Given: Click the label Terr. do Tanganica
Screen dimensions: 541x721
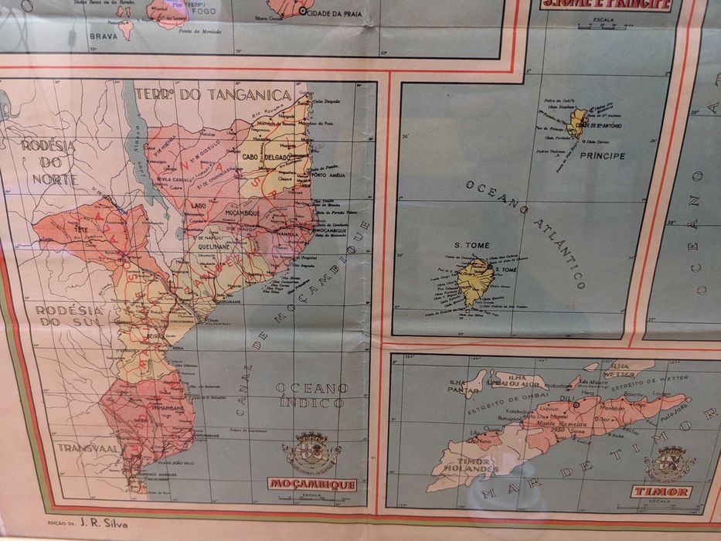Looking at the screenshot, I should (x=213, y=94).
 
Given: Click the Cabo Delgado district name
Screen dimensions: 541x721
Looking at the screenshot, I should (x=267, y=157).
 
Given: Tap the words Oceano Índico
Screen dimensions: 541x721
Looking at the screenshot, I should (x=312, y=395).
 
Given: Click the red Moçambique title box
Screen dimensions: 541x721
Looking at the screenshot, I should (x=313, y=485).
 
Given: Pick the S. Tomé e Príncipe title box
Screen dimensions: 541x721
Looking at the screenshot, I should (x=605, y=5).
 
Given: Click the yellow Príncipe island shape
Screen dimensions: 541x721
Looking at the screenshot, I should (x=577, y=122).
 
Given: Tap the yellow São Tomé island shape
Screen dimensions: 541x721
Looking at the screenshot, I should (x=473, y=281).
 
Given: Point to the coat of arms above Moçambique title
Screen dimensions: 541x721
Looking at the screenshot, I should (x=311, y=451).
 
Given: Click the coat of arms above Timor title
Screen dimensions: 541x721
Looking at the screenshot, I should (x=669, y=461).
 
